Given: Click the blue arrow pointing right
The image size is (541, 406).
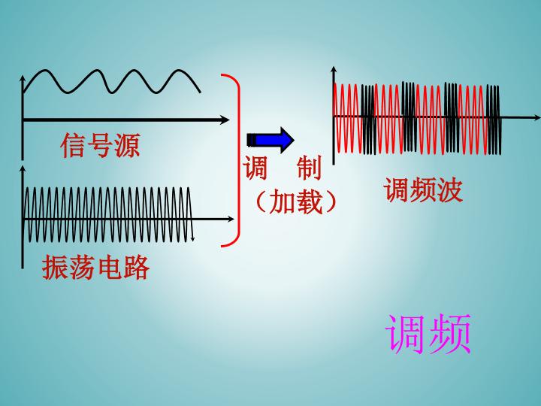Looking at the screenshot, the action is point(270,140).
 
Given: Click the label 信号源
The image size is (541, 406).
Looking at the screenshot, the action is point(100,145).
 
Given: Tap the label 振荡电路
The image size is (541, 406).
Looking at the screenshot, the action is point(95,267).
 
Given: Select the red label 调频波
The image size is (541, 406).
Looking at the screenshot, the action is point(423,190).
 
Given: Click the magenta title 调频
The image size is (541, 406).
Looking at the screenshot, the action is point(428,334).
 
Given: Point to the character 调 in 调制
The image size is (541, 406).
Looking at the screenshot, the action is point(255,168).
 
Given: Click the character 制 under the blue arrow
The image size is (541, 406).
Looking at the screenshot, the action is point(309,168).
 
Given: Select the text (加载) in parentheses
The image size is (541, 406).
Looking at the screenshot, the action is point(296,201).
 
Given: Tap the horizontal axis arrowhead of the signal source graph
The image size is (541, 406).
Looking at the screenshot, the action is point(225,120).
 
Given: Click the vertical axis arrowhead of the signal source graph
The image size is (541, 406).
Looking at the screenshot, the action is point(23,79).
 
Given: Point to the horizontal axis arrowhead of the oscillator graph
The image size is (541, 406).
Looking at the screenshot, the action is point(230,219).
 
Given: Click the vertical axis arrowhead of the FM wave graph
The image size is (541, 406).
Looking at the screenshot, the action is point(334,70).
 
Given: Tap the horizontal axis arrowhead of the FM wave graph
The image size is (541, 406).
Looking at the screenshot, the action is point(536,118).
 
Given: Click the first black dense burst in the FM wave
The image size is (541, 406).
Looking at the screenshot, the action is point(367,119).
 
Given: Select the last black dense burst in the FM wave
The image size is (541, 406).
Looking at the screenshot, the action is point(494,120).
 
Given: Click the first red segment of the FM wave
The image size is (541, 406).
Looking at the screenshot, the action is point(347,118).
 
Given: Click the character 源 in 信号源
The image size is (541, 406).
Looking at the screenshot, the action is point(127,145).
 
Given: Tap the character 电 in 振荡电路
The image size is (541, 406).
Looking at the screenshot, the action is point(110,267).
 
